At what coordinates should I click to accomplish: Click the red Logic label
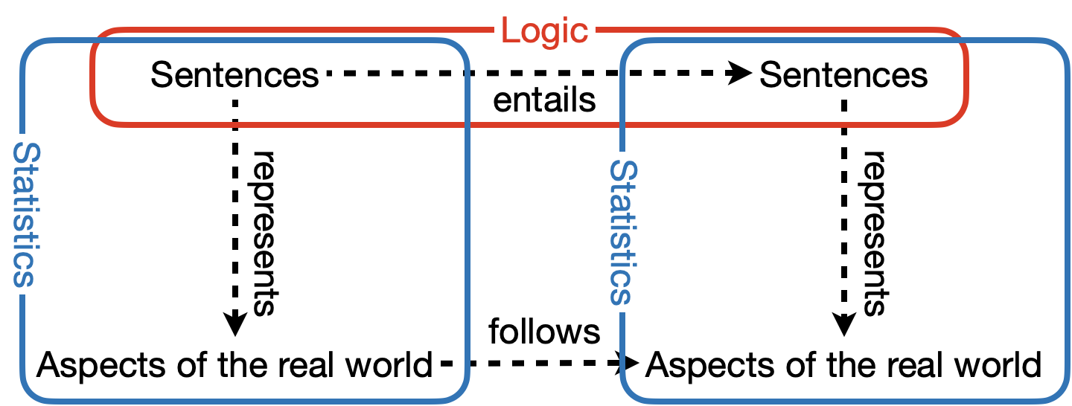pyautogui.click(x=544, y=30)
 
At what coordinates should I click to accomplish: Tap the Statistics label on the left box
pyautogui.click(x=28, y=214)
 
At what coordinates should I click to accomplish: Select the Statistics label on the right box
pyautogui.click(x=625, y=232)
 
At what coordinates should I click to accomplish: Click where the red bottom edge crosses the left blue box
pyautogui.click(x=468, y=124)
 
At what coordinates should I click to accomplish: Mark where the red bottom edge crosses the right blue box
pyautogui.click(x=622, y=124)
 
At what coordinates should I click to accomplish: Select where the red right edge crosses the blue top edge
pyautogui.click(x=965, y=42)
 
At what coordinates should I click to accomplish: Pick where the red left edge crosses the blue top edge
pyautogui.click(x=94, y=42)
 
